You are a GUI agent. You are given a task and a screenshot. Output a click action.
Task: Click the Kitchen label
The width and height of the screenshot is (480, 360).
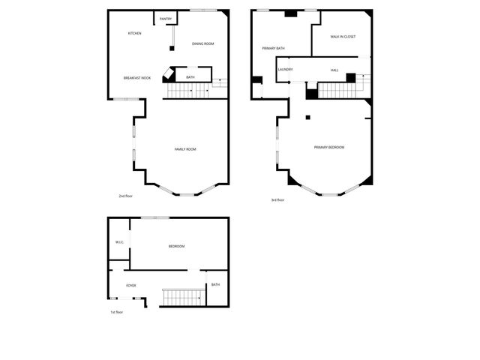[x=135, y=34]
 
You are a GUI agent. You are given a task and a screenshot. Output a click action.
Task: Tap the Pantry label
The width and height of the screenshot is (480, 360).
[x=166, y=19]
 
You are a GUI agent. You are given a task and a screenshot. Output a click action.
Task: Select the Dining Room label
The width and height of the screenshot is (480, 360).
[x=203, y=44]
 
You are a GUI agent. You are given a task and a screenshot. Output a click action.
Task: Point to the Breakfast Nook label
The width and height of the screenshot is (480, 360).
[x=137, y=78]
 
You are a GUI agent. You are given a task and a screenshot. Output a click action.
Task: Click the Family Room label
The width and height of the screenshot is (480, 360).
[x=185, y=150]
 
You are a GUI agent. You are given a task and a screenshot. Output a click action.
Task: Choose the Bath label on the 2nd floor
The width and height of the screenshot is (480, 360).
[x=190, y=77]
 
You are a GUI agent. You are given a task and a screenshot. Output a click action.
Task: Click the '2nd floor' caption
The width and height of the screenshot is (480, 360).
[x=125, y=196]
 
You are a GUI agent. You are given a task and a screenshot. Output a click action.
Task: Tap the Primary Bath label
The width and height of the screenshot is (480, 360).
[x=273, y=49]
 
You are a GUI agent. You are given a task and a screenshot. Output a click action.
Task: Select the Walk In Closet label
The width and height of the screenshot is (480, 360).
[x=343, y=37]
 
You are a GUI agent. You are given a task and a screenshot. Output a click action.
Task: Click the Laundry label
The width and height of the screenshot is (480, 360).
[x=285, y=70]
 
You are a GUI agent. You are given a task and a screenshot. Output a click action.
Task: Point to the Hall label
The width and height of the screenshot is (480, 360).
[x=334, y=70]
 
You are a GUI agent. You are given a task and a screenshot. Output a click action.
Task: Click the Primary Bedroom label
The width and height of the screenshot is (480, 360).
[x=329, y=147]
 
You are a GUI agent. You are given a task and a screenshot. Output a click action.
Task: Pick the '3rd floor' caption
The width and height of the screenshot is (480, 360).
[x=277, y=199]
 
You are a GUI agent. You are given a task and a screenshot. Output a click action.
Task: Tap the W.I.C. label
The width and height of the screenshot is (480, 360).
[x=119, y=242]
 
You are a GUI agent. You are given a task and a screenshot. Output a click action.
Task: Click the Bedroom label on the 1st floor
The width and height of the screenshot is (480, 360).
[x=176, y=247]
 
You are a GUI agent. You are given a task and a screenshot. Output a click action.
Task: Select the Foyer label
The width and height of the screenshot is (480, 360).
[x=130, y=285]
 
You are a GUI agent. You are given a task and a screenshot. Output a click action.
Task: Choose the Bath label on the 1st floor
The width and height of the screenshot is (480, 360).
[x=215, y=284]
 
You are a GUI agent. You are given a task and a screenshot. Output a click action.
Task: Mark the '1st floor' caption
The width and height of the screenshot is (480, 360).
[x=116, y=312]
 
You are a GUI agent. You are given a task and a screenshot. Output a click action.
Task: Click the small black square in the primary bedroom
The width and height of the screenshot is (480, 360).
[x=307, y=117]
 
